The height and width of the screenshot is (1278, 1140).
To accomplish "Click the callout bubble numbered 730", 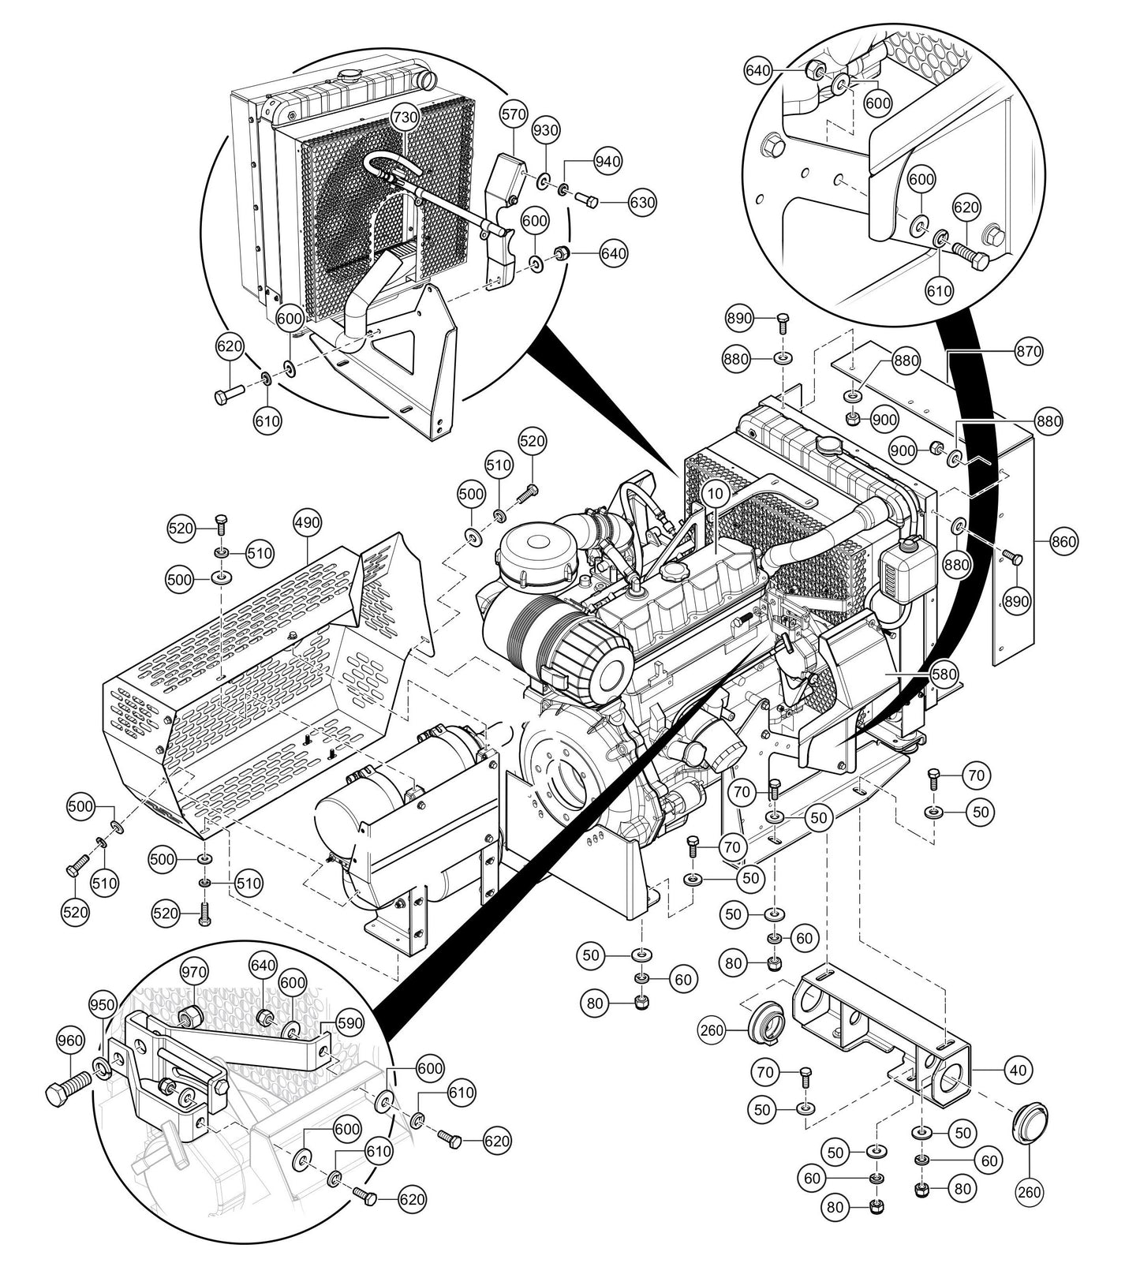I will click(406, 117).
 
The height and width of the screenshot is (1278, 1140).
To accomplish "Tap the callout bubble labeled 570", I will click(513, 114).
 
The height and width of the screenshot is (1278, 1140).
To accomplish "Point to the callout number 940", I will click(607, 161).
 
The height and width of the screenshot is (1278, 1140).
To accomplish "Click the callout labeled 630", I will click(641, 203).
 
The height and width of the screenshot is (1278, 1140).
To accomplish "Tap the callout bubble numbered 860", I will click(1063, 542).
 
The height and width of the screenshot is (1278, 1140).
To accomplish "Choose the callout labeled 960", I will click(69, 1041).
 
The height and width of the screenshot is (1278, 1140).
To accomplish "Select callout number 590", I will click(349, 1023).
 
